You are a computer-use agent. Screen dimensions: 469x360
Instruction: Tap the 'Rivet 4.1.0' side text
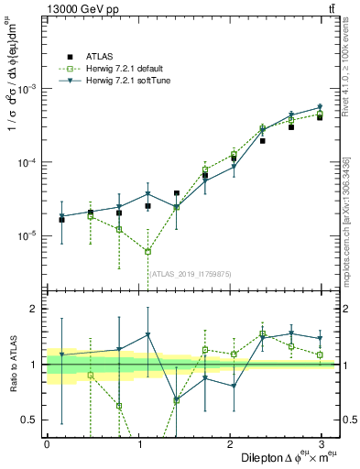348,64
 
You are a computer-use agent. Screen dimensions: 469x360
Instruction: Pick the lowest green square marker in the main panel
147,251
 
